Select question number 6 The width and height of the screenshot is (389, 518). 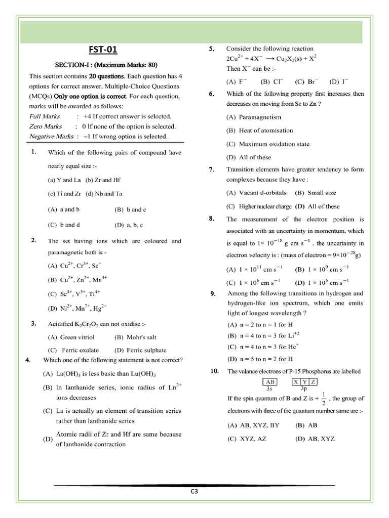(x=212, y=94)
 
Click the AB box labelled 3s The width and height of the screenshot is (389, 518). (x=269, y=381)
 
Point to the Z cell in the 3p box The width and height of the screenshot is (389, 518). (x=314, y=381)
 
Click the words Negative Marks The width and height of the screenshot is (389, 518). (x=51, y=137)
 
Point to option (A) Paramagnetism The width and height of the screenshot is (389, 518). (x=253, y=117)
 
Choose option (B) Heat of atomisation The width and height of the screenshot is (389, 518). (x=260, y=131)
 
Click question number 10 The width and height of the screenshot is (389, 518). (x=214, y=371)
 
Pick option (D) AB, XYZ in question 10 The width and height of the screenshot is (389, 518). (x=315, y=439)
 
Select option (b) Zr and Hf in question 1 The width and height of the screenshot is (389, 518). (x=103, y=180)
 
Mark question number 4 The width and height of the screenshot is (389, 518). (x=28, y=360)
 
